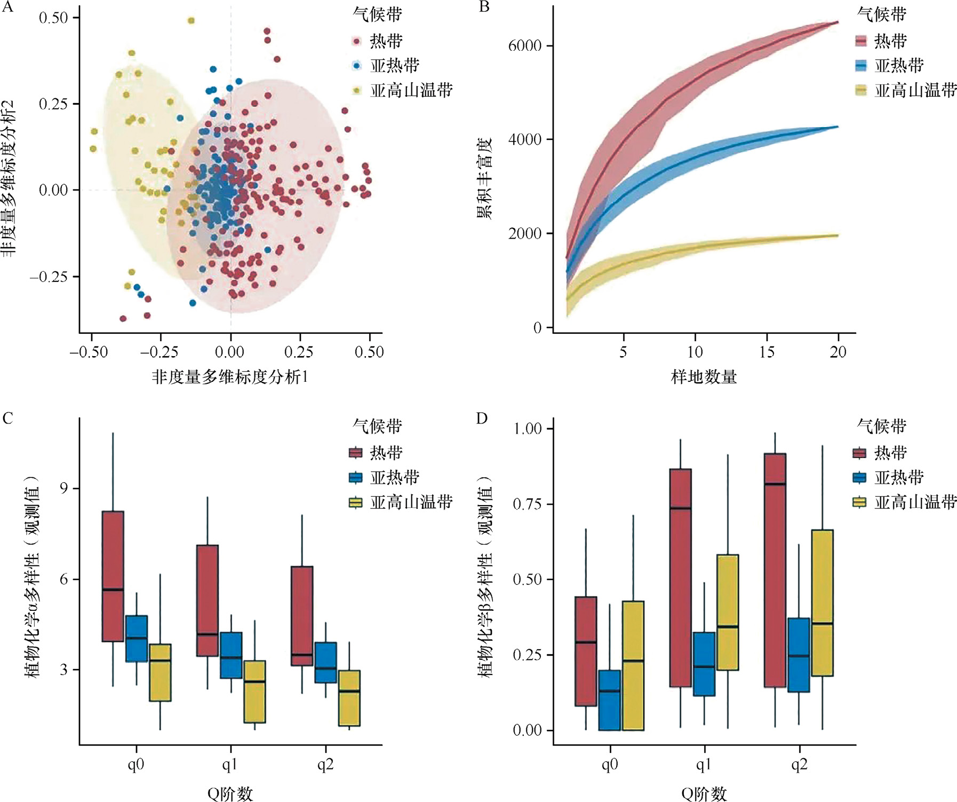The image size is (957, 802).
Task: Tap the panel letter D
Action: pyautogui.click(x=482, y=418)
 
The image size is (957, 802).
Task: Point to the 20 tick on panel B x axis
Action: pyautogui.click(x=838, y=352)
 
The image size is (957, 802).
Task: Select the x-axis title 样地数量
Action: pyautogui.click(x=704, y=377)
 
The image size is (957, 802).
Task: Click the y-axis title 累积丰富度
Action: pyautogui.click(x=484, y=179)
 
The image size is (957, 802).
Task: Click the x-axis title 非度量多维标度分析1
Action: pyautogui.click(x=230, y=377)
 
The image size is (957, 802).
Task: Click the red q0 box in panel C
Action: pyautogui.click(x=113, y=576)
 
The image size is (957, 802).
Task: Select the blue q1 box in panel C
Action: pyautogui.click(x=231, y=655)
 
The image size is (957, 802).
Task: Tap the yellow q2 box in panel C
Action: pyautogui.click(x=349, y=698)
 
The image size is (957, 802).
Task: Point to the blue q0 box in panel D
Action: pyautogui.click(x=609, y=700)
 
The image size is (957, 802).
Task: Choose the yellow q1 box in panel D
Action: pyautogui.click(x=728, y=612)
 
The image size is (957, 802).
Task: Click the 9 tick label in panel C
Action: pyautogui.click(x=63, y=489)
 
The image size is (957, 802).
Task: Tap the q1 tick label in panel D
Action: pyautogui.click(x=704, y=765)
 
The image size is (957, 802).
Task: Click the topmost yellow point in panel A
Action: pyautogui.click(x=191, y=21)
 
